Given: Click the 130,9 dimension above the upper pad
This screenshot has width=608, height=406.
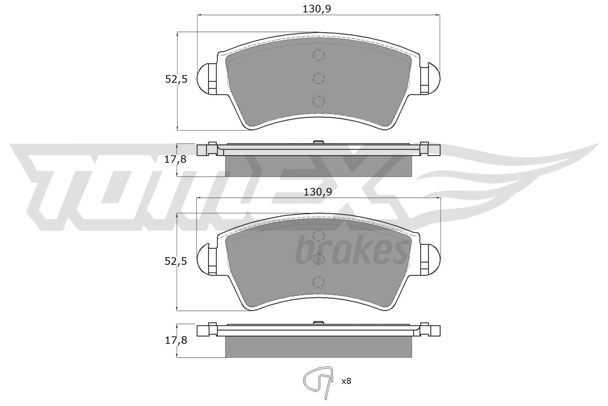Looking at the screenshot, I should [317, 9].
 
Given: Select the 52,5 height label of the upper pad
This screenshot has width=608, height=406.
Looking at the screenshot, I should [176, 80].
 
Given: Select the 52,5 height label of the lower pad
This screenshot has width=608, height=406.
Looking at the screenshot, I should [176, 261].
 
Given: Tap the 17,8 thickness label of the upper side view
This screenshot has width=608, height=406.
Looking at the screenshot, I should [175, 159].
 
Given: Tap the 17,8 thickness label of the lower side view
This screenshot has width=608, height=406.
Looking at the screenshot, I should [175, 340].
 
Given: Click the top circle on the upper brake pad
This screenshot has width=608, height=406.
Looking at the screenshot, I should [318, 56].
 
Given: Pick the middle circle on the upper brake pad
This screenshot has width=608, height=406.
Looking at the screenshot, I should [318, 78].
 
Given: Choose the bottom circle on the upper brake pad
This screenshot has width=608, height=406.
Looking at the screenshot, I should [318, 101].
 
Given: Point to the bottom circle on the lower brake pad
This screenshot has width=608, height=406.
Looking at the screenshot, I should [318, 282].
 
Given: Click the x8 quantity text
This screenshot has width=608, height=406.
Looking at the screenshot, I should [346, 381].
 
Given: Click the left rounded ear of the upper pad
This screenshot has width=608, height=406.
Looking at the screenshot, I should [206, 78].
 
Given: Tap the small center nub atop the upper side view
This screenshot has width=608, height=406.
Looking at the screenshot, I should [318, 142].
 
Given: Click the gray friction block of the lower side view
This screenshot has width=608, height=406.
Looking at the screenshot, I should [318, 347].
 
